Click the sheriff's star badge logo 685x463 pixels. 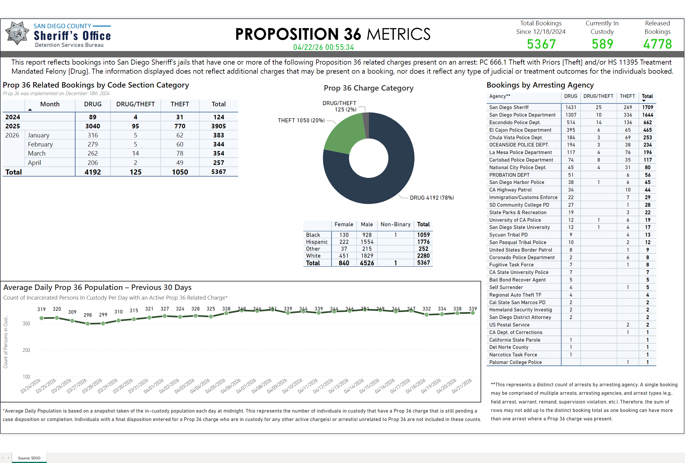coord(17,33)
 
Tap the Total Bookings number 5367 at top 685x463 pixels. coord(541,44)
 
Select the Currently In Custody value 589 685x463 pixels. coord(602,44)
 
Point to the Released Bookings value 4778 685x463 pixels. coord(657,44)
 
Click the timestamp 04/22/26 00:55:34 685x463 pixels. coord(323,47)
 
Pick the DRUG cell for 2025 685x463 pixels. coord(93,126)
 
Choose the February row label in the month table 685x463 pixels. coord(40,144)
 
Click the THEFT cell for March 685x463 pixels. coord(180,153)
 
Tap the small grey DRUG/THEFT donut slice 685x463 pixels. coord(366,124)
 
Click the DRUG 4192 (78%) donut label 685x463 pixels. coord(432,198)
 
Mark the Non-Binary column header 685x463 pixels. coord(395,224)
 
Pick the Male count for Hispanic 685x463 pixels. coord(367,242)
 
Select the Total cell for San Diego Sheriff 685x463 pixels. coord(647,107)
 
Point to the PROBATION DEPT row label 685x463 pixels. coord(509,175)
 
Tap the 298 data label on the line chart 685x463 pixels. coord(88,315)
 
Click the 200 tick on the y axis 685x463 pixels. coord(26,350)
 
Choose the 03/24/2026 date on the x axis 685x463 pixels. coord(30,386)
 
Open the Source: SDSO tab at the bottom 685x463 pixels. coord(29,458)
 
